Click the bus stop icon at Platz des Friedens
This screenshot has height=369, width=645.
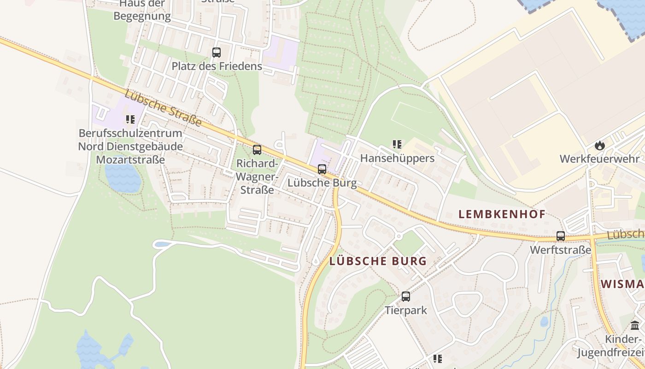(x=216, y=53)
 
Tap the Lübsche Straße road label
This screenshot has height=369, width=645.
(x=163, y=108)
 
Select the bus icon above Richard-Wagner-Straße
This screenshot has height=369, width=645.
(x=257, y=149)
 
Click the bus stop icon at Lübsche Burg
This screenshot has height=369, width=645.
(x=322, y=169)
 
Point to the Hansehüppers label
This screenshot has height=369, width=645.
(x=397, y=158)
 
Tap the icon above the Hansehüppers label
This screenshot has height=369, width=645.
(x=397, y=144)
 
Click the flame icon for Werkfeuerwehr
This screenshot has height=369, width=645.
(x=599, y=145)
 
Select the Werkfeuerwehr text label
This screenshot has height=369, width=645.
(x=599, y=159)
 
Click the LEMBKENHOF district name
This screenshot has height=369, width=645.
(x=502, y=214)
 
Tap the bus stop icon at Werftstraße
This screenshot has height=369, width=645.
(x=560, y=236)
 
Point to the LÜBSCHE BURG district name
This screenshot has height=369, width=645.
(x=378, y=261)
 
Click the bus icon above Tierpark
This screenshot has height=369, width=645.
(x=405, y=297)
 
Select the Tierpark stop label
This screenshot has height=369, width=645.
(x=406, y=310)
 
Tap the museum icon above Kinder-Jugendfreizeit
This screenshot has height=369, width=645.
(x=635, y=325)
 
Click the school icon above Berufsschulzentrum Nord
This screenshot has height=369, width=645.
(x=130, y=120)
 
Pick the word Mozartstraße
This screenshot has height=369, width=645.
(x=130, y=160)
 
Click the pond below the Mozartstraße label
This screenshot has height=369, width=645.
(x=123, y=178)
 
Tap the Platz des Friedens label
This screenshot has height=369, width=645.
(x=217, y=66)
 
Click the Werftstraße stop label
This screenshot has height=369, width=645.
(x=560, y=250)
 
